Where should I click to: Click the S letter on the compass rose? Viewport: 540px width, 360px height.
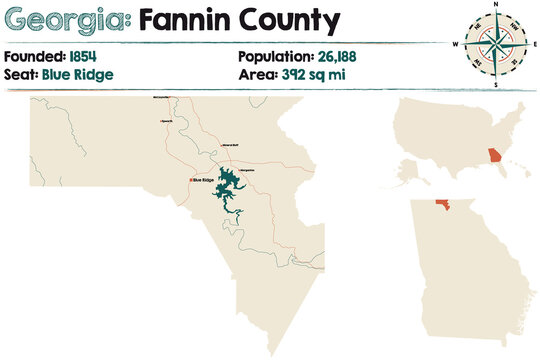[x=495, y=84]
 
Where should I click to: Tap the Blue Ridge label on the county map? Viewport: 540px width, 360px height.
[x=203, y=180]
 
